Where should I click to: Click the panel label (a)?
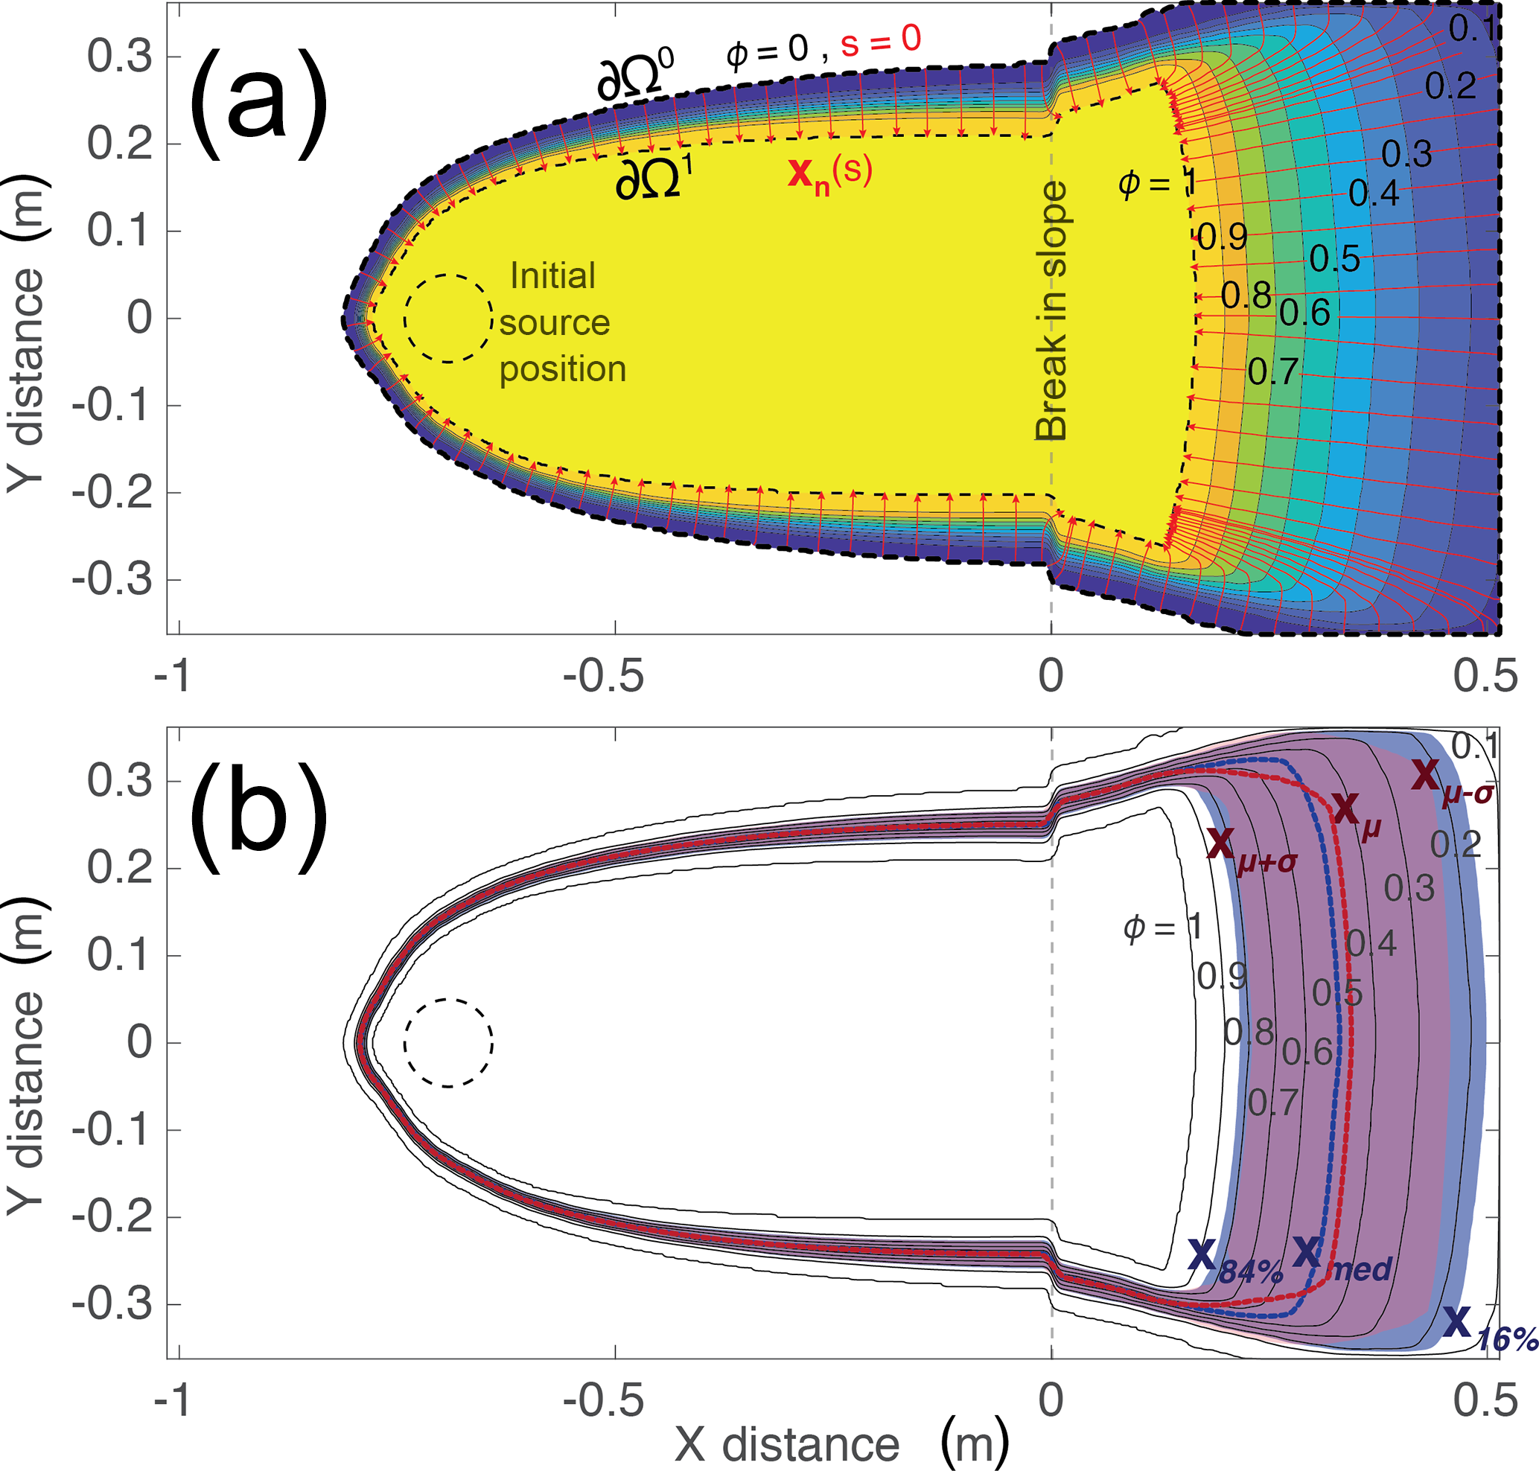coord(258,104)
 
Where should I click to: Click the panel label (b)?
coord(258,820)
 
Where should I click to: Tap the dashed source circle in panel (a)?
coord(449,319)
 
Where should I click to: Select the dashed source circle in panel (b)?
coord(449,1043)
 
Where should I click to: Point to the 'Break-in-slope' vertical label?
coord(1052,311)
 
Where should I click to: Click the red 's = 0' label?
coord(880,40)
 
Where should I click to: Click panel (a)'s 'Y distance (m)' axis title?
coord(27,334)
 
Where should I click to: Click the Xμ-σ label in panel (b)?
coord(1451,782)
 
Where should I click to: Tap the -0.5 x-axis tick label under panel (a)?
coord(603,676)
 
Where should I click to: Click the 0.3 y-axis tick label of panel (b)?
coord(119,780)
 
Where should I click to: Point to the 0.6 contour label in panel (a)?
coord(1304,313)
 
